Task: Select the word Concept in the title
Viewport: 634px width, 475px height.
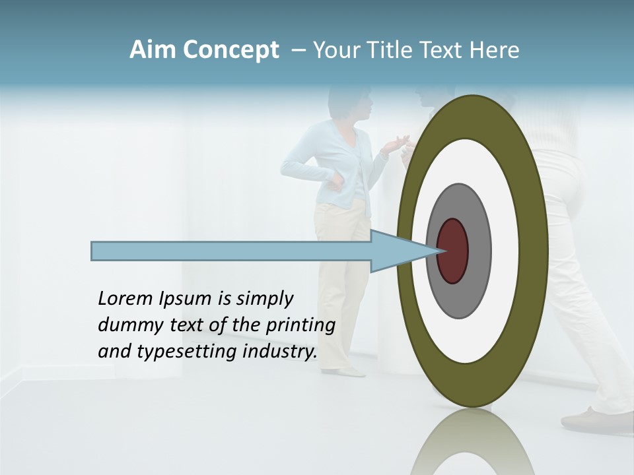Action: pos(231,50)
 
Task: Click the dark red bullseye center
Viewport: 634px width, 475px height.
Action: pos(453,251)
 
